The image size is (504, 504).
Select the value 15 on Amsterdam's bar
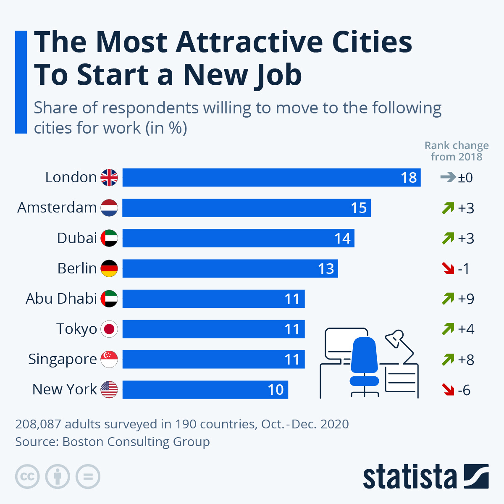(359, 208)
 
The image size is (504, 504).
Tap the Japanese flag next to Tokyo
(109, 329)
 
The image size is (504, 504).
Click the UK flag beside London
(109, 178)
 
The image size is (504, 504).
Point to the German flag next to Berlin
(109, 268)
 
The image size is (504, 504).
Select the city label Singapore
(63, 360)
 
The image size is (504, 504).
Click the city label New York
(65, 389)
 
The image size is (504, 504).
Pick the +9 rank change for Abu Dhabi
(466, 299)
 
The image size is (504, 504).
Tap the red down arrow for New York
(448, 390)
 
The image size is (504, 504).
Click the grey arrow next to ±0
(448, 177)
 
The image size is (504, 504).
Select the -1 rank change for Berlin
(463, 268)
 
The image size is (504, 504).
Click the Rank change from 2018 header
(457, 151)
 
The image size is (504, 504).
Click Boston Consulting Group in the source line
(136, 442)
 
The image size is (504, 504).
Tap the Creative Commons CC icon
(27, 477)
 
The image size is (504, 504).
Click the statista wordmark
(409, 477)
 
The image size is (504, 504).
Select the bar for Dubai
(238, 238)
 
